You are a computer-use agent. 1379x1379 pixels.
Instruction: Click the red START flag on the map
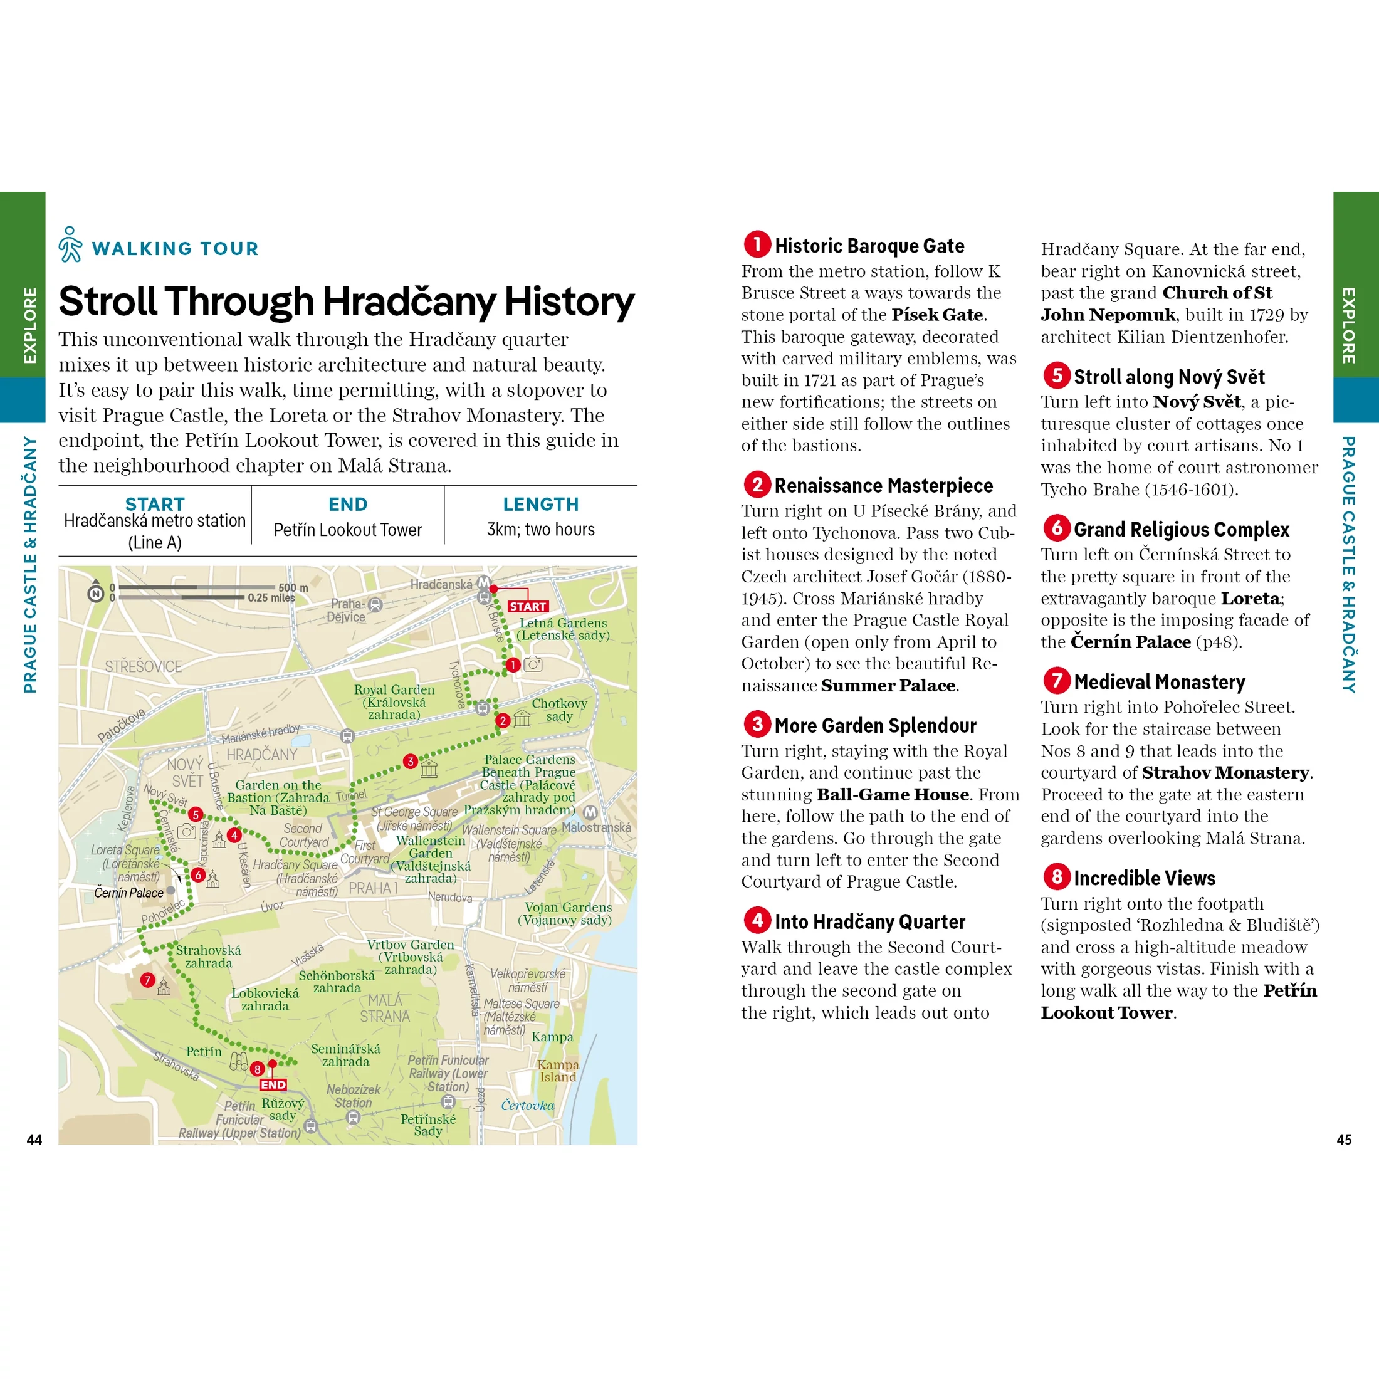[528, 606]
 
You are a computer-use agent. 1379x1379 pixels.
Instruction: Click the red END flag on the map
[273, 1084]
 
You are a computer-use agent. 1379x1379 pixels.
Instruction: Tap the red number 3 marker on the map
[411, 761]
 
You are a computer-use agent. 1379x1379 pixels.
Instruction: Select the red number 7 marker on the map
[148, 980]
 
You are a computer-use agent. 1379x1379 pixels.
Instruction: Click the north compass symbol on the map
[96, 592]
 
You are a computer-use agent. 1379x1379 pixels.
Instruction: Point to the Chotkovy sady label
[559, 710]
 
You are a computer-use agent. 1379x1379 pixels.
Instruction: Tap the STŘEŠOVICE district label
[144, 666]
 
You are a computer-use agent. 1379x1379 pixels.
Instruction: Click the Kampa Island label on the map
[557, 1071]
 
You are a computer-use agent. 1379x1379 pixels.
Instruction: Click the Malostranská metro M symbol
[590, 812]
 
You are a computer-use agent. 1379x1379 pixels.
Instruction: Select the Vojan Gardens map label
[567, 913]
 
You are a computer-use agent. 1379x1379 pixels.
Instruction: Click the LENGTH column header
[540, 505]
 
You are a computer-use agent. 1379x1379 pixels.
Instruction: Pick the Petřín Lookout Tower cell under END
[348, 530]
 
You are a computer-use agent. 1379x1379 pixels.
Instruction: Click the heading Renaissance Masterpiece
[883, 485]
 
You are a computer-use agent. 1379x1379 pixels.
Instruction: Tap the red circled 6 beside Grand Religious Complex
[1056, 528]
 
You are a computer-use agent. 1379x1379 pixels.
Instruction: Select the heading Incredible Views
[1144, 878]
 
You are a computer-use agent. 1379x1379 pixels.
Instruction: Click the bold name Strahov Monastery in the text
[1225, 772]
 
